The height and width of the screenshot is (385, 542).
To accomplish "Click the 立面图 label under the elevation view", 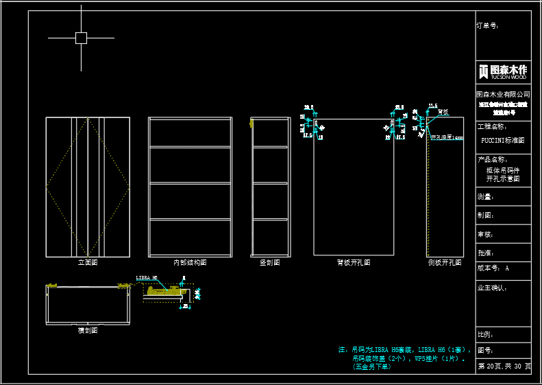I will tap(88, 262).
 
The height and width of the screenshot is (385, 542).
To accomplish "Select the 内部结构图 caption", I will tap(190, 262).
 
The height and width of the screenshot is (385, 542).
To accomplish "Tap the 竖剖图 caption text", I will tap(269, 262).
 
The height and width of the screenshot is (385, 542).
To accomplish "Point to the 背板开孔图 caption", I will tap(354, 262).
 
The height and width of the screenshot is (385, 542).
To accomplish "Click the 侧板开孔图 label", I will tap(444, 262).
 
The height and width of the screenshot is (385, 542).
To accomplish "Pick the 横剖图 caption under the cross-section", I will tap(88, 330).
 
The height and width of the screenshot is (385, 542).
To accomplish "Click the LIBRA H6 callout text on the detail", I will tap(147, 278).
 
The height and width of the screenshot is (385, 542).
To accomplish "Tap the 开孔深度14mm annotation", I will tap(447, 137).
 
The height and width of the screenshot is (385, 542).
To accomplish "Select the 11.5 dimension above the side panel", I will tap(432, 106).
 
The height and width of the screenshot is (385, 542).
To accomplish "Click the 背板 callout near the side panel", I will tap(443, 112).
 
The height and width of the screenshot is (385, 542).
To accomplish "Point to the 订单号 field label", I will tap(487, 26).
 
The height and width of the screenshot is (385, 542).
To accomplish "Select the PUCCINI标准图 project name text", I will tap(502, 140).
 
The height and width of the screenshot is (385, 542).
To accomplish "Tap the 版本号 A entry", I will tap(493, 268).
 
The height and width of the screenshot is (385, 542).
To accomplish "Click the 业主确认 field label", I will tap(491, 288).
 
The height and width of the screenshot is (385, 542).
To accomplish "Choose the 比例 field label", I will tap(485, 335).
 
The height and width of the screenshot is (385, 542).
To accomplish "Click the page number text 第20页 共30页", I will tap(504, 366).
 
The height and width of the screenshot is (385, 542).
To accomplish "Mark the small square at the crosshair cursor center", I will tap(81, 38).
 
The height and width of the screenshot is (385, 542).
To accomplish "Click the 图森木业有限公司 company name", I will tap(503, 94).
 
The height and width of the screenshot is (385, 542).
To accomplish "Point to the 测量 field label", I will tap(485, 197).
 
